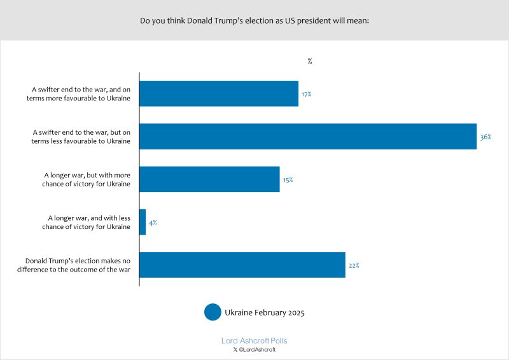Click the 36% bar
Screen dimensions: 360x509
click(308, 137)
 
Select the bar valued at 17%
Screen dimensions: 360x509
click(219, 93)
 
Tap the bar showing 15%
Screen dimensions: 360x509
click(209, 179)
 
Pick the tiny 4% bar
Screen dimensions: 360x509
click(143, 223)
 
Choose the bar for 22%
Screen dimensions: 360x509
click(242, 265)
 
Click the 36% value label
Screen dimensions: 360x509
click(486, 137)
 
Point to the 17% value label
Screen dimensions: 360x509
click(307, 94)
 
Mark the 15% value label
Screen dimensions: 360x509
click(288, 180)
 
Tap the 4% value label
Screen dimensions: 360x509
click(153, 223)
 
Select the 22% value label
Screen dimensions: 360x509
click(354, 265)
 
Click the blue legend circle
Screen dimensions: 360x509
click(213, 312)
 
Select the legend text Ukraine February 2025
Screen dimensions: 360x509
click(265, 312)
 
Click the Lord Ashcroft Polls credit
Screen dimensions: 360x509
click(254, 341)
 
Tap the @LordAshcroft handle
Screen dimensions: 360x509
click(257, 350)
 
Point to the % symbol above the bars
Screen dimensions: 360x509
click(310, 61)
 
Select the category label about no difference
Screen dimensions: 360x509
click(78, 265)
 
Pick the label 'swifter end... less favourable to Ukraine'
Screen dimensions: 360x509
click(81, 137)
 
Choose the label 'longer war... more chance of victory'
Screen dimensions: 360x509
click(87, 179)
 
